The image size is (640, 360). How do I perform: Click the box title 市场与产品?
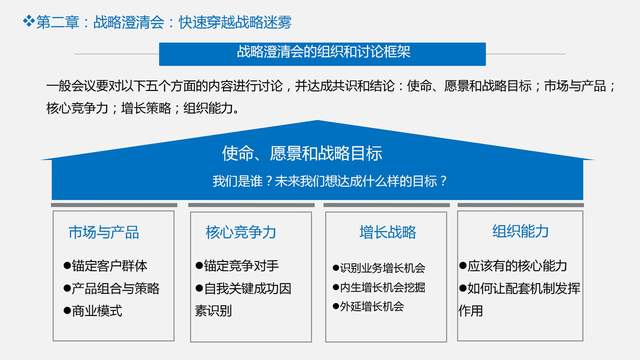[104, 232]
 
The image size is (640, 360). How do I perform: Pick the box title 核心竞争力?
[241, 232]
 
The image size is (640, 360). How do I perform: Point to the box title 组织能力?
[520, 231]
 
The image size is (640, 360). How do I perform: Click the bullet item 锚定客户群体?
[109, 266]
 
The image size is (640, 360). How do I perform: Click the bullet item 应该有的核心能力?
[517, 266]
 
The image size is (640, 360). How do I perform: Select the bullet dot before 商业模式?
[66, 311]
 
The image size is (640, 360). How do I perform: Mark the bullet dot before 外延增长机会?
[334, 307]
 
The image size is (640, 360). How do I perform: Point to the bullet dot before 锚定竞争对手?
[198, 267]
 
